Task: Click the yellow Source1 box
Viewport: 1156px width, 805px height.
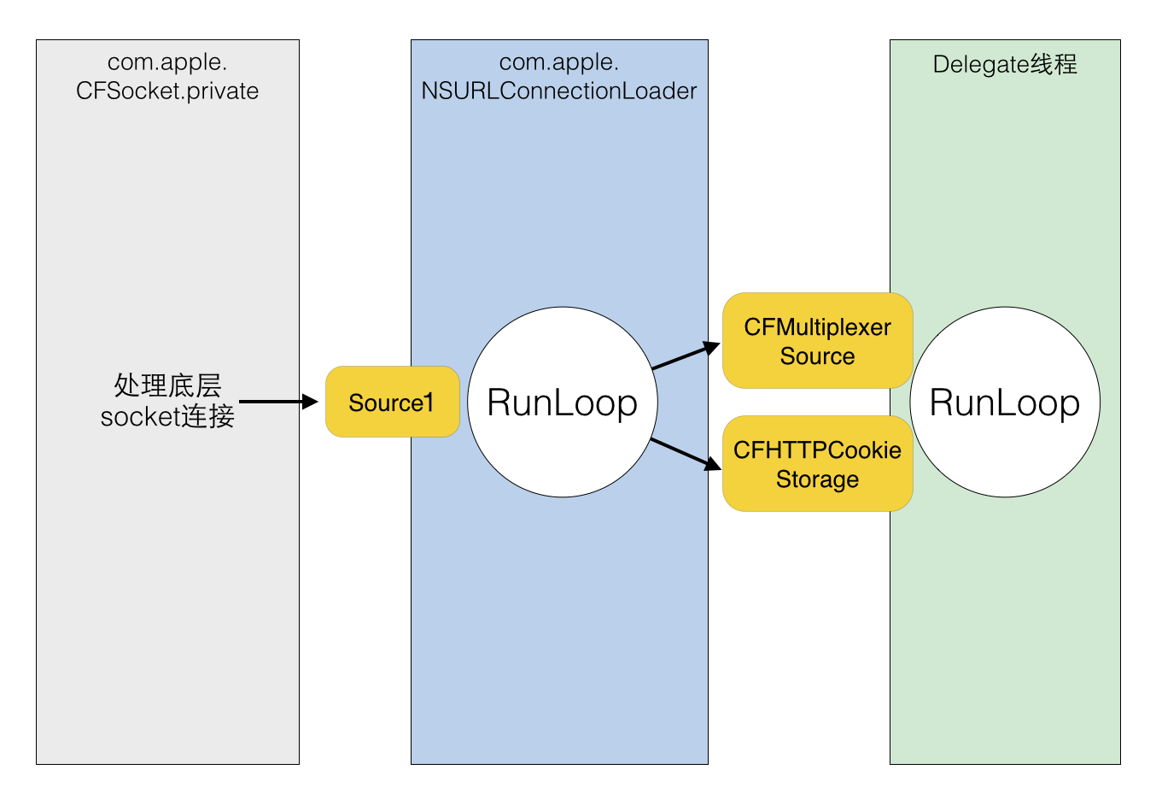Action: tap(392, 402)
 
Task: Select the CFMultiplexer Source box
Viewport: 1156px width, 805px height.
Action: tap(817, 341)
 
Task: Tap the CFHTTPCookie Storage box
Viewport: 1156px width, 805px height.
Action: tap(817, 464)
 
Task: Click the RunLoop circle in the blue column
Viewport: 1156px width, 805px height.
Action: tap(562, 402)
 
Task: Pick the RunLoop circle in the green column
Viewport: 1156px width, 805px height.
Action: tap(1004, 402)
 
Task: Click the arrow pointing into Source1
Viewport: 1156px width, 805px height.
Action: tap(277, 402)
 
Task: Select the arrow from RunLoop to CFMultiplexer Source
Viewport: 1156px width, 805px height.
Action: tap(686, 356)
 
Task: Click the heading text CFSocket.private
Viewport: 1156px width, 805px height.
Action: tap(167, 91)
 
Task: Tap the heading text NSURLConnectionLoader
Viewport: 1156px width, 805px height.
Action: tap(559, 91)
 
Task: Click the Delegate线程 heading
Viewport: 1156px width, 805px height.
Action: tap(1005, 64)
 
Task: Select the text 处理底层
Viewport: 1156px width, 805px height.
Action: tap(167, 385)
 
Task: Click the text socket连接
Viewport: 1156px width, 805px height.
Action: tap(167, 416)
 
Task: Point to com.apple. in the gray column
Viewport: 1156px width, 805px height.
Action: tap(167, 62)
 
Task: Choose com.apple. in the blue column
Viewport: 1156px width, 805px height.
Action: tap(559, 62)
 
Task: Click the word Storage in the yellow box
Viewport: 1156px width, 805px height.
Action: tap(817, 479)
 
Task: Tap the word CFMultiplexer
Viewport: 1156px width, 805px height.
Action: tap(817, 327)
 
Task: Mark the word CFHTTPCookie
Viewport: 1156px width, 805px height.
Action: tap(817, 450)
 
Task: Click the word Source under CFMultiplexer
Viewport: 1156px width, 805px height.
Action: tap(817, 356)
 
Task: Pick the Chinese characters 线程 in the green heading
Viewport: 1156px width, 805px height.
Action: tap(1054, 64)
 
